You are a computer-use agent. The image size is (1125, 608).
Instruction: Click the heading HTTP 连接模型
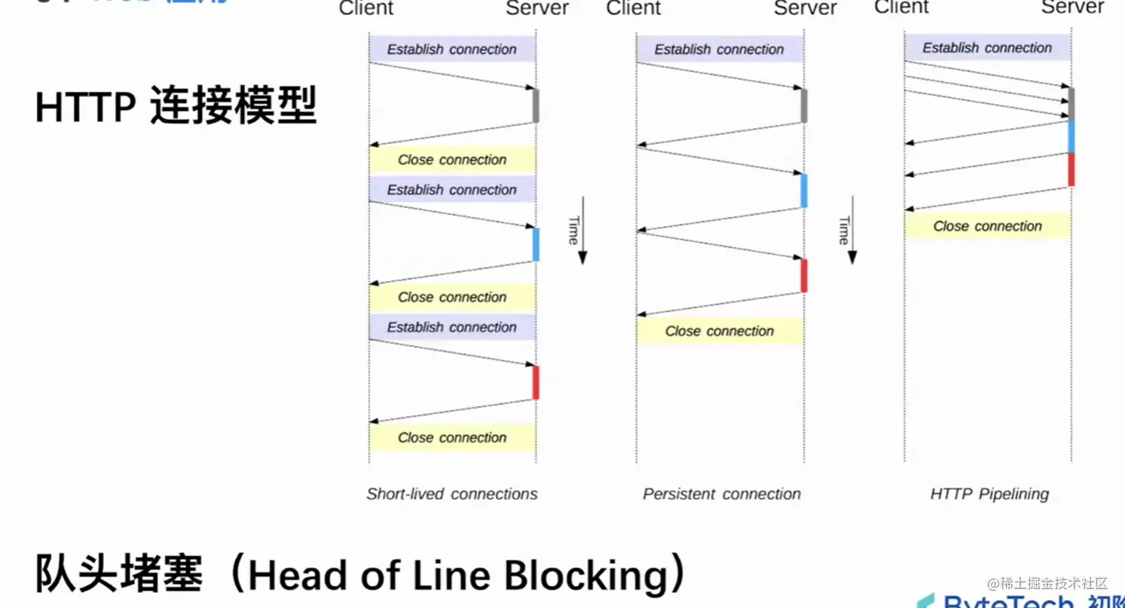coord(176,106)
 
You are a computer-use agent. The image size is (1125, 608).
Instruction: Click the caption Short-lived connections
coord(452,494)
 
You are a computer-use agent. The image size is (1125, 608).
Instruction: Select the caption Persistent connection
coord(721,494)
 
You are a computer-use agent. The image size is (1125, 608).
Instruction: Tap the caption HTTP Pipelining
coord(989,494)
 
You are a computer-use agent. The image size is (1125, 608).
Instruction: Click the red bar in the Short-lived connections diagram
coord(536,382)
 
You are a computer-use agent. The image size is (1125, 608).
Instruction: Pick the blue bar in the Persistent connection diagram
coord(804,191)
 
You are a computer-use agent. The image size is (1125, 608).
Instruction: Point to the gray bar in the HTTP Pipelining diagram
coord(1072,103)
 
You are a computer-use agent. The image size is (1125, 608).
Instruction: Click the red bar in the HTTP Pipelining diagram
coord(1072,169)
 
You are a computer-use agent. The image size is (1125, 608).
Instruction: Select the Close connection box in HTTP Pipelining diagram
coord(987,226)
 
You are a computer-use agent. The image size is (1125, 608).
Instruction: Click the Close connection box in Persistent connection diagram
coord(720,331)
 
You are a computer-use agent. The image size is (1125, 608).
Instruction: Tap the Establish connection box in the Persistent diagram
coord(720,50)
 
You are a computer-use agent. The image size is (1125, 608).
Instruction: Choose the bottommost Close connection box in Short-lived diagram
coord(452,438)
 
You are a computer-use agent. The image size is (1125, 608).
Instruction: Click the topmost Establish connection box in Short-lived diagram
coord(452,50)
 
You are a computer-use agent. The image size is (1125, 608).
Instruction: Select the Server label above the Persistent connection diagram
coord(805,8)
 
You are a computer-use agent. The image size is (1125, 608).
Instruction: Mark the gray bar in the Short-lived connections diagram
coord(536,105)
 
